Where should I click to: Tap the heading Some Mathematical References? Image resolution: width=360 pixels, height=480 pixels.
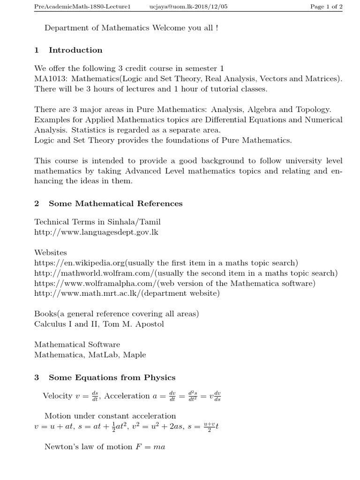point(115,203)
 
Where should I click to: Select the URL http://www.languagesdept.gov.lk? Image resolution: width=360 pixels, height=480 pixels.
point(96,232)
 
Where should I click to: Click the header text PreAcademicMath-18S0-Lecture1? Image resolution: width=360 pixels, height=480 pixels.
point(78,6)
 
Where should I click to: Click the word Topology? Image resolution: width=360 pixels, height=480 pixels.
point(314,110)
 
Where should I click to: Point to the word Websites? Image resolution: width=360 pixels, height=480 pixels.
point(51,253)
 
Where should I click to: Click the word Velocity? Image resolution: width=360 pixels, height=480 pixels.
point(57,396)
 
